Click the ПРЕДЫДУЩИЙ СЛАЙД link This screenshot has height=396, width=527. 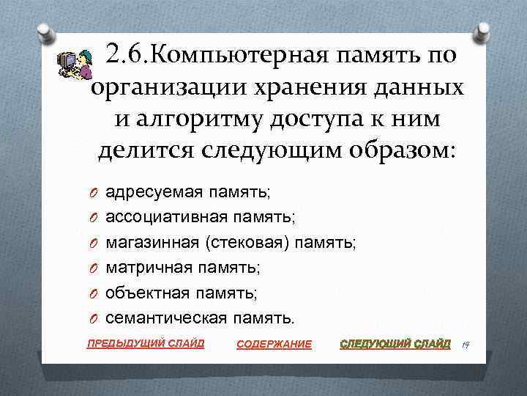[146, 342]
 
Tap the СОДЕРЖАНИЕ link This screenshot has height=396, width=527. [274, 344]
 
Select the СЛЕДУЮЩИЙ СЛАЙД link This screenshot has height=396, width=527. [396, 343]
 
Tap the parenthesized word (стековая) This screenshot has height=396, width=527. [247, 242]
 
